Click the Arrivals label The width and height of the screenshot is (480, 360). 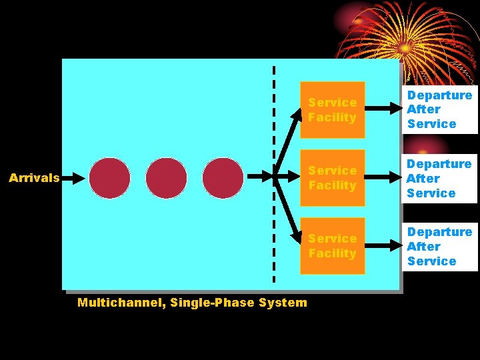34,178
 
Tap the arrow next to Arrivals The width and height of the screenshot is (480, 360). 76,178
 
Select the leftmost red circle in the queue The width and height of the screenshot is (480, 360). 110,178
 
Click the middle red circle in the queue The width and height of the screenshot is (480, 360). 167,178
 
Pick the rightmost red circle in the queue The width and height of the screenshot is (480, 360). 223,178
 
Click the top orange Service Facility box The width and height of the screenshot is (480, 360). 333,110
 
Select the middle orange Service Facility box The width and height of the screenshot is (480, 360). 333,178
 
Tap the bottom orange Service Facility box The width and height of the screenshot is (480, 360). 333,246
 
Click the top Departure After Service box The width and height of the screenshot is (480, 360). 439,109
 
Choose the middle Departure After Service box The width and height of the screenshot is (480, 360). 439,178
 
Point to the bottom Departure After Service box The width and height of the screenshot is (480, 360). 439,247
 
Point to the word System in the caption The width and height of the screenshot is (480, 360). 285,303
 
